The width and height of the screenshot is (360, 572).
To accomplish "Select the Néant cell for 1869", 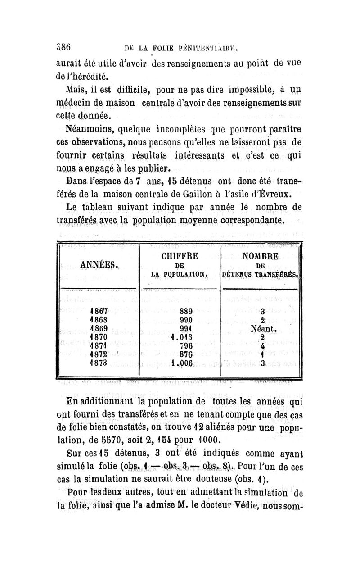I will coord(261,328).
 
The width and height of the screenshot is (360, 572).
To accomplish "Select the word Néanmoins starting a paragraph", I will coord(88,128).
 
